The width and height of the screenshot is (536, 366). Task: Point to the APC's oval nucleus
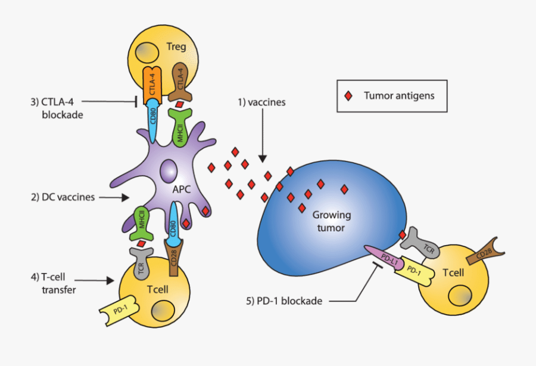tap(168, 169)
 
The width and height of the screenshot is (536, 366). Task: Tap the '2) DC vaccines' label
tap(64, 196)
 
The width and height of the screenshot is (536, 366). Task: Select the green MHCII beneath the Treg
tap(180, 128)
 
